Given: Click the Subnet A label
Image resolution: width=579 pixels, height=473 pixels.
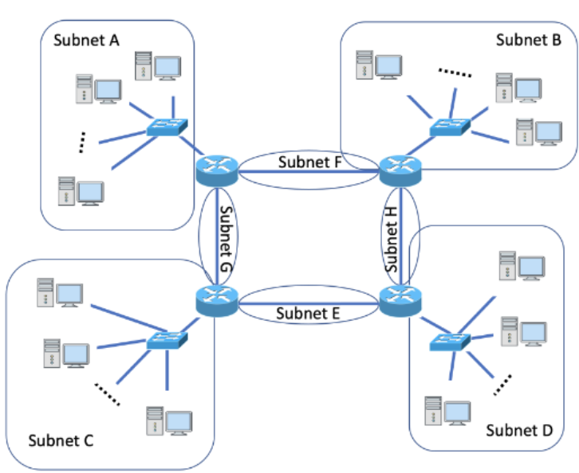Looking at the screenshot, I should coord(86,41).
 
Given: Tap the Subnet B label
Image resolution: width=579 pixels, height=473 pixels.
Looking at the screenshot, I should coord(528,40).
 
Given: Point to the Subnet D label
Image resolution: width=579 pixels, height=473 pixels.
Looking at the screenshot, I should coord(518,431).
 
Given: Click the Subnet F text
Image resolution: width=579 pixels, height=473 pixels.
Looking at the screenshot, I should coord(310,162).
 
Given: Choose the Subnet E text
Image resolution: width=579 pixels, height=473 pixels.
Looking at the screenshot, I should coord(309,313).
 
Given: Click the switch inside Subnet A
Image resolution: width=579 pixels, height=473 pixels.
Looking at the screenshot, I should coord(167,127).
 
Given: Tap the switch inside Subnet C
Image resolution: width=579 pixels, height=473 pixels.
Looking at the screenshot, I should coord(167,341).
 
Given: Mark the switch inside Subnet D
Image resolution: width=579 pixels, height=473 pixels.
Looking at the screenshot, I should coord(449,342).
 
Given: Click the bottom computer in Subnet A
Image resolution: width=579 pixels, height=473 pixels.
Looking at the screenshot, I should coord(81,192).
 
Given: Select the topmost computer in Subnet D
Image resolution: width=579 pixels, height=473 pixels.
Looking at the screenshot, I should coord(522,267).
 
